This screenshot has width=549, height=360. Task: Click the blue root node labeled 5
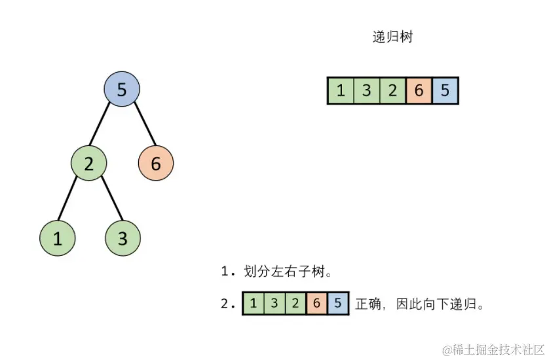pos(122,90)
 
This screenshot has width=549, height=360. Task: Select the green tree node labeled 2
pos(89,164)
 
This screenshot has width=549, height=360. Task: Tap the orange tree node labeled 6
pos(156,164)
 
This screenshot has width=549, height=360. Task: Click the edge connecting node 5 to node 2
pos(105,126)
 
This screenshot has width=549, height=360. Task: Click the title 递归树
pos(392,37)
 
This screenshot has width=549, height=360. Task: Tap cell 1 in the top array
pos(341,90)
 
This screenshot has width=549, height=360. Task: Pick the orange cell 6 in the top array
pos(419,90)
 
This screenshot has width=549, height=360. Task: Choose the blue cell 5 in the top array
pos(445,90)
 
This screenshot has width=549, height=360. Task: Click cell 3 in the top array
pos(367,90)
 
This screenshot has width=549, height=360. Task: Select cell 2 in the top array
pos(393,90)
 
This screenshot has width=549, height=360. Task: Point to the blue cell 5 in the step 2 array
pos(338,303)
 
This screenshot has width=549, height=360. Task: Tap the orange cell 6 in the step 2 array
pos(316,303)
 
